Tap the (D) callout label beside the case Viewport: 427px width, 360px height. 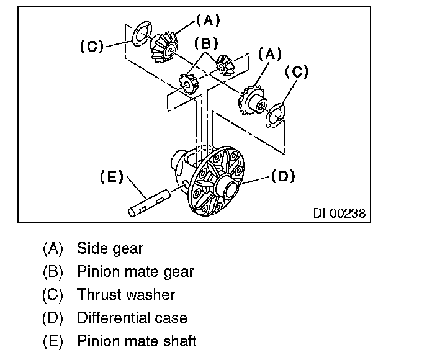pyautogui.click(x=282, y=176)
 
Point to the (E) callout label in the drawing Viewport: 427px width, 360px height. pyautogui.click(x=112, y=176)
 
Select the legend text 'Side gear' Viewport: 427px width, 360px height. pyautogui.click(x=110, y=249)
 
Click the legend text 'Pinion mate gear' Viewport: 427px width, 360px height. pyautogui.click(x=135, y=272)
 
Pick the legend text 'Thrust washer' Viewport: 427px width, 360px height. pyautogui.click(x=126, y=295)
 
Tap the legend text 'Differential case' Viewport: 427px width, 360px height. pyautogui.click(x=132, y=318)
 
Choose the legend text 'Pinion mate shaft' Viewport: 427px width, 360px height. pyautogui.click(x=137, y=341)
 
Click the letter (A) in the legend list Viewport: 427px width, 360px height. pyautogui.click(x=53, y=249)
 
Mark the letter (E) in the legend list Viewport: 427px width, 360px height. pyautogui.click(x=53, y=341)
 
